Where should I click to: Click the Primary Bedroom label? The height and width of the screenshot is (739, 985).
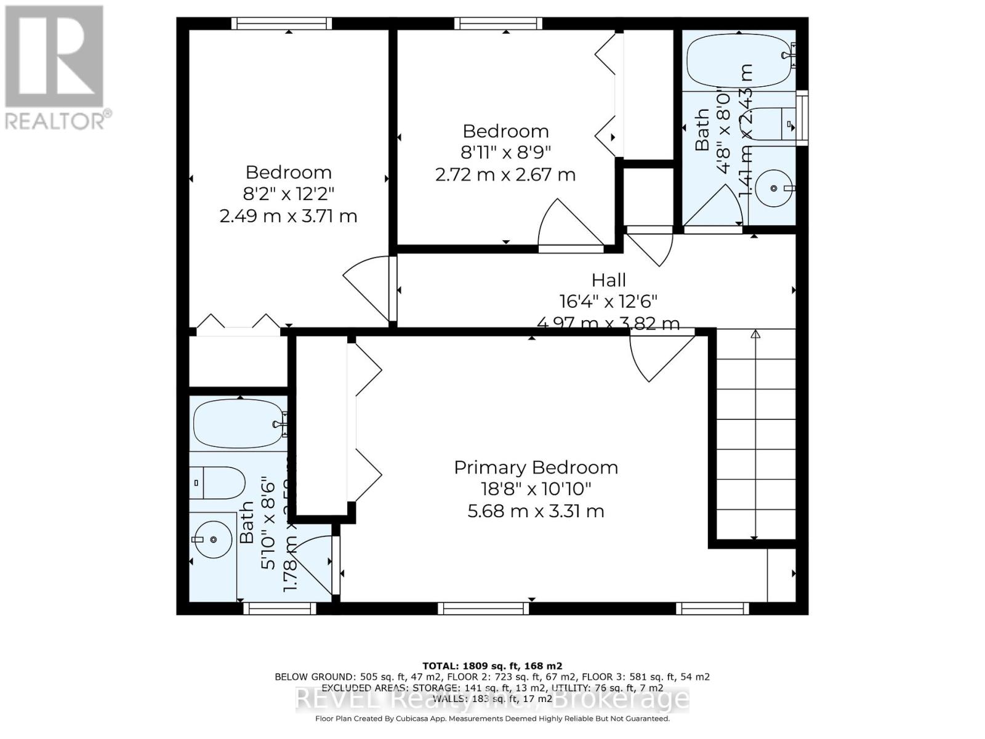536,467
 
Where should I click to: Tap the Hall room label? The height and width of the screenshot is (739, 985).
608,280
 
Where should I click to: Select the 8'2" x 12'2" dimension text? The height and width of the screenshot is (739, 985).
288,194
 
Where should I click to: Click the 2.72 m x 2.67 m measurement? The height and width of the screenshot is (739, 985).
505,175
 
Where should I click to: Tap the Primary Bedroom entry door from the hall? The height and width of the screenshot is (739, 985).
659,357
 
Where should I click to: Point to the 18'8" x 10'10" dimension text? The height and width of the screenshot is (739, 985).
536,489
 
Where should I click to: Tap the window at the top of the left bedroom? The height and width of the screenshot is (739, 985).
281,23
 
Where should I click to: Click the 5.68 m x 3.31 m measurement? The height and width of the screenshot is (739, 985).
536,511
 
